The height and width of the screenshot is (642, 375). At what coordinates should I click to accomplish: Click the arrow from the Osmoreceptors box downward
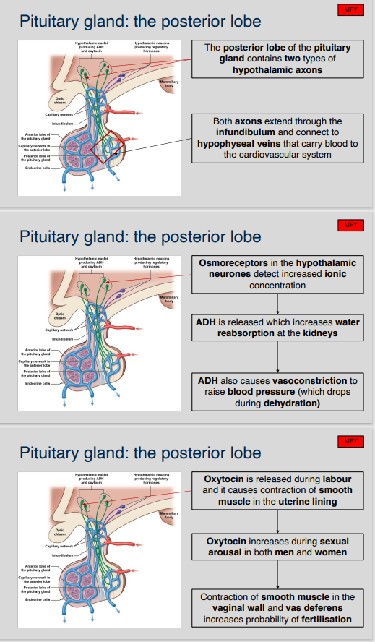(x=278, y=304)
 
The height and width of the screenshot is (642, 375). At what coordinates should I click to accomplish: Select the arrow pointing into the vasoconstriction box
(x=278, y=360)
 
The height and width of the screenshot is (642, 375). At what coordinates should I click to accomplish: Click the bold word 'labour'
(x=336, y=479)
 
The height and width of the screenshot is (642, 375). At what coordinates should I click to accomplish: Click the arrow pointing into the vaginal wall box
(x=278, y=576)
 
